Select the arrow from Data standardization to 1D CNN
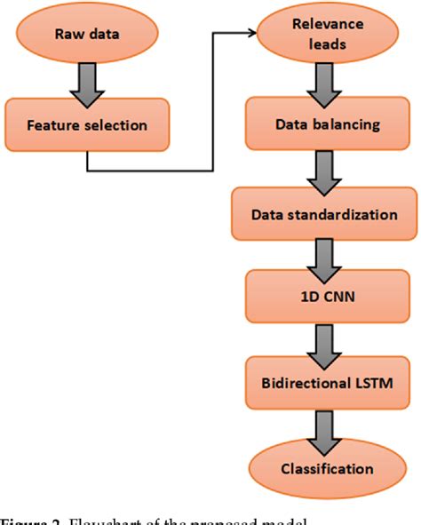(x=325, y=259)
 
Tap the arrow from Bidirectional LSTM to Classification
(x=325, y=426)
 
